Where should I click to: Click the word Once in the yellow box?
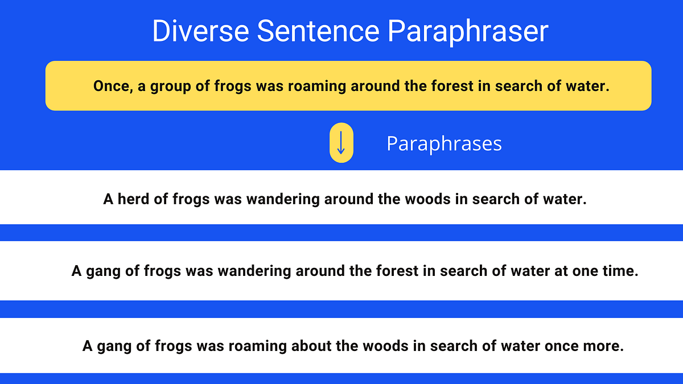click(112, 86)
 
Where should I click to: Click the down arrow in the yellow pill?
click(341, 143)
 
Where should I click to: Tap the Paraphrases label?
click(444, 143)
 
